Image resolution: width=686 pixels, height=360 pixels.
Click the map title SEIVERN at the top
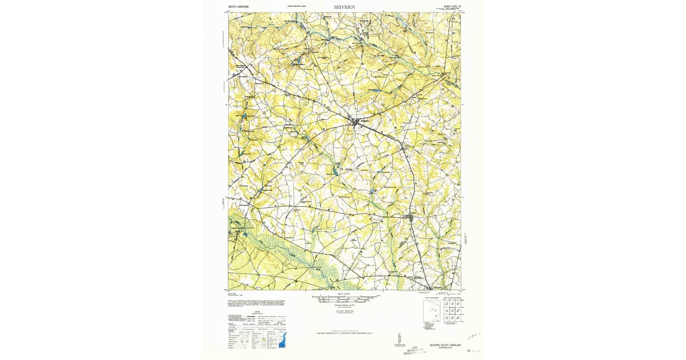(345, 7)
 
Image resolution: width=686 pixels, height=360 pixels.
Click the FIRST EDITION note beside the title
(297, 6)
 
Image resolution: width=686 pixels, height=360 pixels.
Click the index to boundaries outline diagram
(432, 311)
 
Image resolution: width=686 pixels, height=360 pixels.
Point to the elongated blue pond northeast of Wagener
(375, 91)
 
